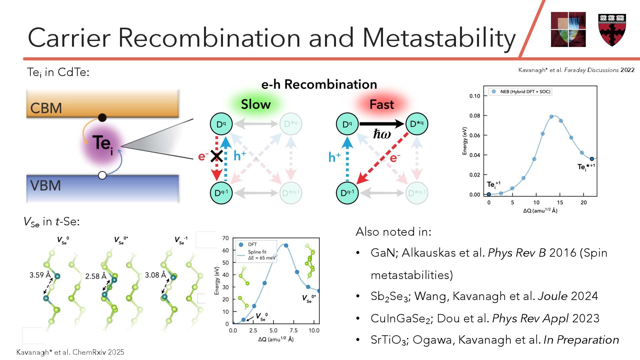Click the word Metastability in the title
point(439,37)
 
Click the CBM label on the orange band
point(46,108)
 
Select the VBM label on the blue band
point(46,185)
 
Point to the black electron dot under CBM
point(102,118)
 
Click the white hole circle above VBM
point(102,175)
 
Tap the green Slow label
point(256,104)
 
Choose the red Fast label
point(382,105)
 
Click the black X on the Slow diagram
point(217,156)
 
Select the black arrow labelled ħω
point(382,124)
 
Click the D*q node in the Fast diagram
point(417,124)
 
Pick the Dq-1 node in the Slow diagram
point(221,193)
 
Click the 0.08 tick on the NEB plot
point(475,116)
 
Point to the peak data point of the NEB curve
point(551,117)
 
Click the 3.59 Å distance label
point(40,275)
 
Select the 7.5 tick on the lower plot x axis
point(294,330)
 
